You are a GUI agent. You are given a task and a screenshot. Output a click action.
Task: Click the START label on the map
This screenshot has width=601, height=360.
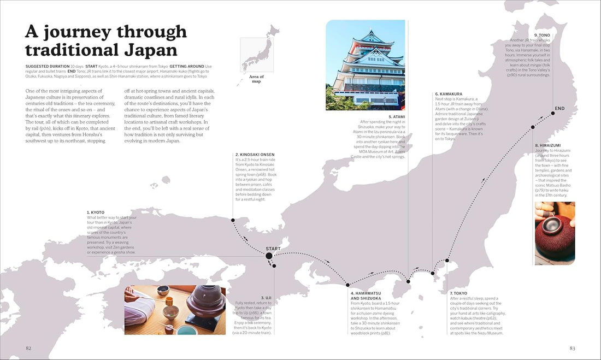(x=273, y=249)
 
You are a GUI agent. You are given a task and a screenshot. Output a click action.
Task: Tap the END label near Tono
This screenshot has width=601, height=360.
(x=559, y=109)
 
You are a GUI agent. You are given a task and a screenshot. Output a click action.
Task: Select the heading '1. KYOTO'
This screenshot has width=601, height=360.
(x=96, y=213)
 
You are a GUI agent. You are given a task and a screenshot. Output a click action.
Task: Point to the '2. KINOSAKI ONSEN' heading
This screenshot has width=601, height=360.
(x=255, y=155)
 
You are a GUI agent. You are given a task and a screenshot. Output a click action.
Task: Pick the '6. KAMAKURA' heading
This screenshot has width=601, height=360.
(x=449, y=94)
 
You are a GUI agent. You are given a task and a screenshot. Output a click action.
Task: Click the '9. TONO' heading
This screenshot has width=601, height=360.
(x=543, y=35)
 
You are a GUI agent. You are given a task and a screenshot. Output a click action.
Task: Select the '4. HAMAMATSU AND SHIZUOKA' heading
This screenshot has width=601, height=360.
(x=369, y=296)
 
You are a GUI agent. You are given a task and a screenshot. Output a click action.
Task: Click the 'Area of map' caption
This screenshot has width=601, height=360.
(x=257, y=79)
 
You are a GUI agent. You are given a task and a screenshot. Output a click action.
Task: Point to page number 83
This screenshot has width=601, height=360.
(x=572, y=348)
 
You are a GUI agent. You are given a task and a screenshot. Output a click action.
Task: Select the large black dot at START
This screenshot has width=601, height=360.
(x=269, y=256)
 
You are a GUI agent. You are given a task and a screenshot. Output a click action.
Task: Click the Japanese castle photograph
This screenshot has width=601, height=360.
(x=366, y=65)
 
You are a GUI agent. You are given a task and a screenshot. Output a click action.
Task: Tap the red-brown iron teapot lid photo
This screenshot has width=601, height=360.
(x=555, y=233)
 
